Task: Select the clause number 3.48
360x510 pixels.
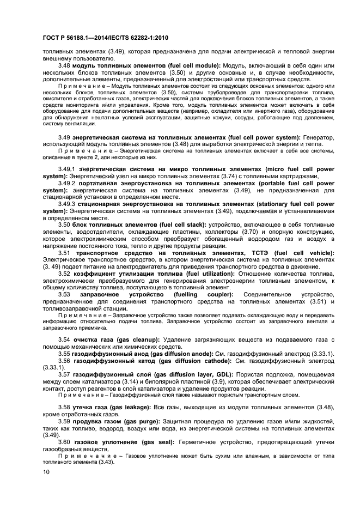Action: coord(65,65)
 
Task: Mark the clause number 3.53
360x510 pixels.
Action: coord(65,295)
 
